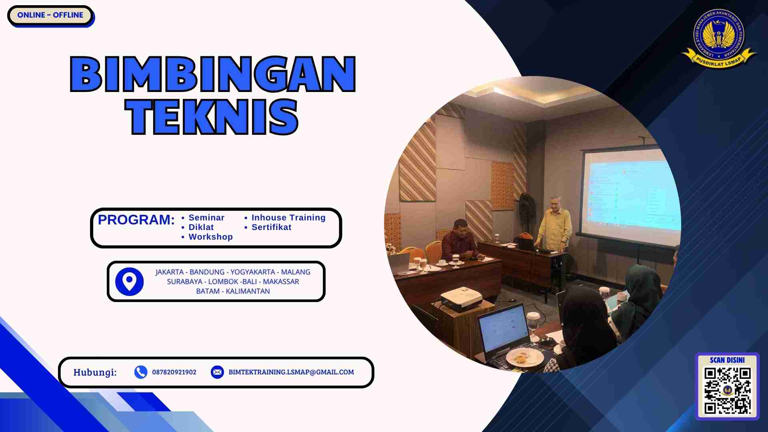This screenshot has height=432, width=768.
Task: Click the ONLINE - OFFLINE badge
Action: pyautogui.click(x=50, y=15)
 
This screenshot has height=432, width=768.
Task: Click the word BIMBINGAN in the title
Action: pyautogui.click(x=212, y=74)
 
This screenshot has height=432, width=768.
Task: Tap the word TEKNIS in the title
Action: pyautogui.click(x=212, y=117)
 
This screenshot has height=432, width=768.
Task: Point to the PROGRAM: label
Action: pyautogui.click(x=136, y=220)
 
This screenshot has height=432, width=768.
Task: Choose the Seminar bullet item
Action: pyautogui.click(x=206, y=218)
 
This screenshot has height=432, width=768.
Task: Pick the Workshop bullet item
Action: pyautogui.click(x=210, y=237)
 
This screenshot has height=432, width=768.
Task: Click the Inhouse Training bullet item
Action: pyautogui.click(x=288, y=218)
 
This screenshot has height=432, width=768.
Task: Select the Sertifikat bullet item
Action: pyautogui.click(x=271, y=227)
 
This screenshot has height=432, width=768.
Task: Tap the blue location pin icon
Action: pyautogui.click(x=129, y=282)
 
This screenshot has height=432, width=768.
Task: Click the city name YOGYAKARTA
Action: pyautogui.click(x=252, y=272)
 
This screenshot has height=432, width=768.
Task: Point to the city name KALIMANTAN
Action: pyautogui.click(x=248, y=291)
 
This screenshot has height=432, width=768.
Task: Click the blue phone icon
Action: pyautogui.click(x=140, y=372)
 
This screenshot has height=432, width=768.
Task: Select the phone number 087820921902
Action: pyautogui.click(x=174, y=372)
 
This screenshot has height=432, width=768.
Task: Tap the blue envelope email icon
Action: pyautogui.click(x=217, y=372)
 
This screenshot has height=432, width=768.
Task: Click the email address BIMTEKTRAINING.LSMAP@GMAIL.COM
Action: pyautogui.click(x=291, y=372)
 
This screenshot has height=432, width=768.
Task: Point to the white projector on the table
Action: pyautogui.click(x=461, y=299)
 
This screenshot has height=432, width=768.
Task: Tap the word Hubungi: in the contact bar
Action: pyautogui.click(x=95, y=372)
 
